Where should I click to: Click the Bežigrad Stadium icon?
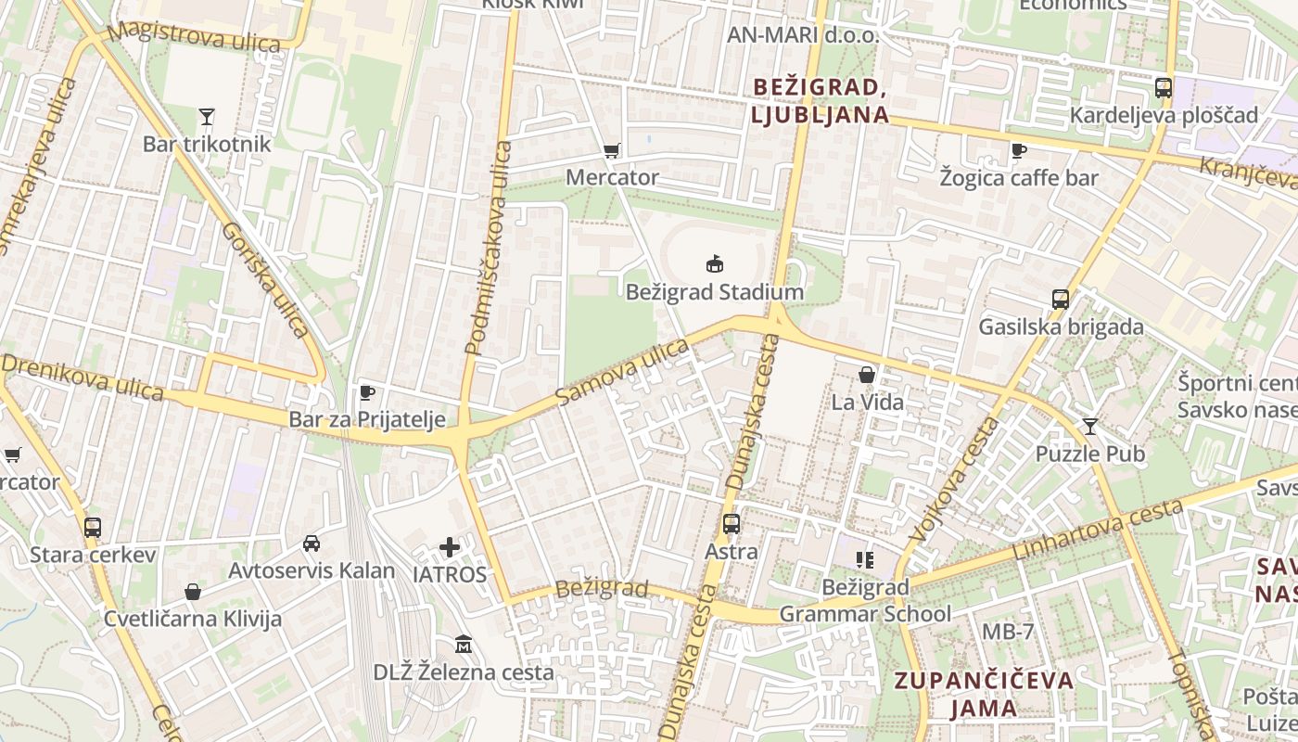714,264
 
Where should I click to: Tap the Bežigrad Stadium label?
714,292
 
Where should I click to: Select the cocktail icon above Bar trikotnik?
206,117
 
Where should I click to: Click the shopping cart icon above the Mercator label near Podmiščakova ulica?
611,150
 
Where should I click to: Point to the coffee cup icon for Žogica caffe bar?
1018,150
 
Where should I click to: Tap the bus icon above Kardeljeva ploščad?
1163,88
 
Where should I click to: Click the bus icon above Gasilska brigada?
1061,300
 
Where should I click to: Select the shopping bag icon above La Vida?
867,375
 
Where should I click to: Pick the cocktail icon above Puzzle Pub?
1089,427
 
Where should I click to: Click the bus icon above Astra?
731,524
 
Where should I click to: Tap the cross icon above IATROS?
450,547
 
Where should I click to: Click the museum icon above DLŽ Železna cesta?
464,644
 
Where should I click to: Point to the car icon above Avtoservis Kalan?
312,544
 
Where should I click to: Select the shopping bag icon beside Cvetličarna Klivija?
193,592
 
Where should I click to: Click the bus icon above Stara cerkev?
92,528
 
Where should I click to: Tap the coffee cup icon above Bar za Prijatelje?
367,392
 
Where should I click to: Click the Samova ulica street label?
623,372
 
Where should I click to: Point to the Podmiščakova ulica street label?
489,249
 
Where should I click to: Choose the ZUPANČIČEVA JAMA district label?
984,694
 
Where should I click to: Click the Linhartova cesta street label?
1099,530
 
